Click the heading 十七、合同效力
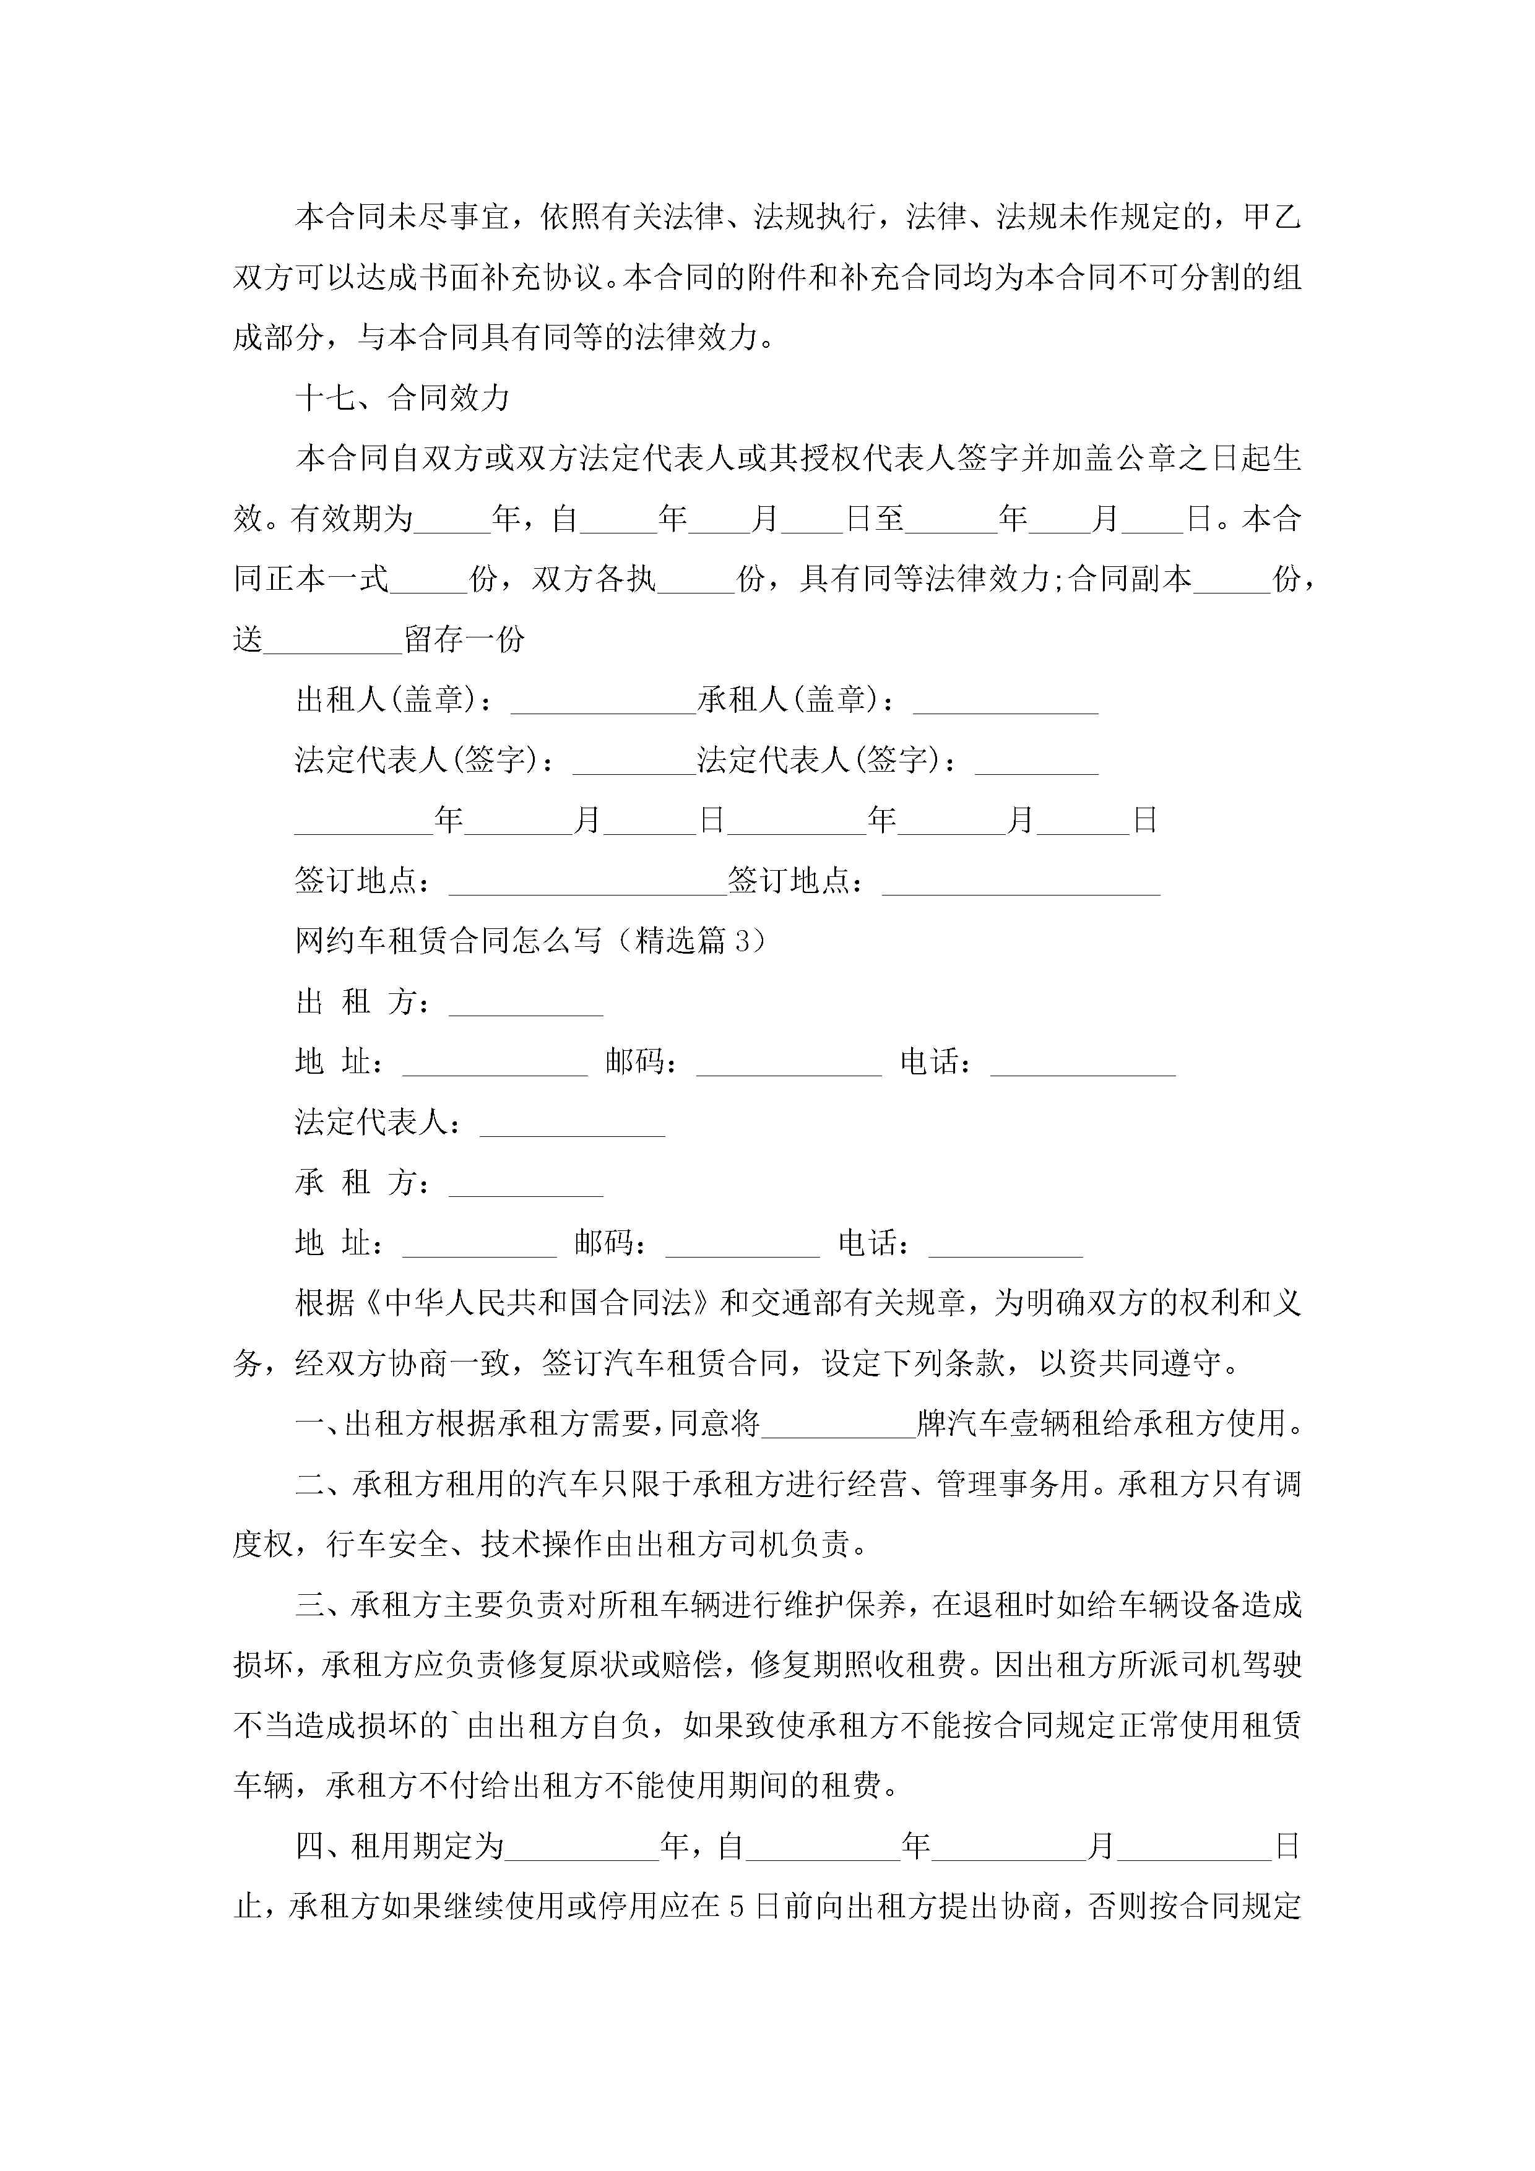click(403, 398)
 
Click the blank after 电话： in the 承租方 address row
click(1005, 1243)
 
